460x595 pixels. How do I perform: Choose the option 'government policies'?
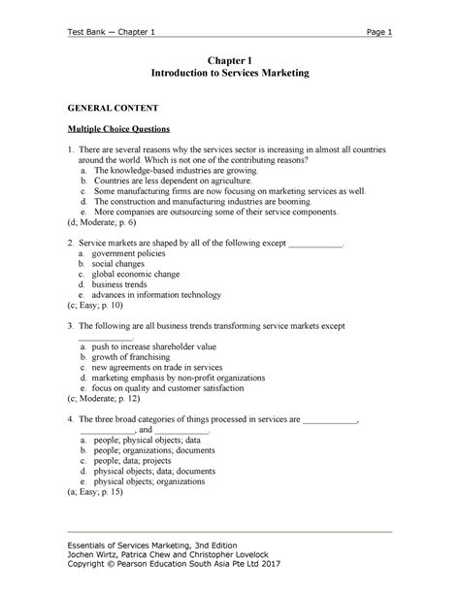(x=132, y=251)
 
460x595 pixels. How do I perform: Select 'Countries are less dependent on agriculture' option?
(x=174, y=181)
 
